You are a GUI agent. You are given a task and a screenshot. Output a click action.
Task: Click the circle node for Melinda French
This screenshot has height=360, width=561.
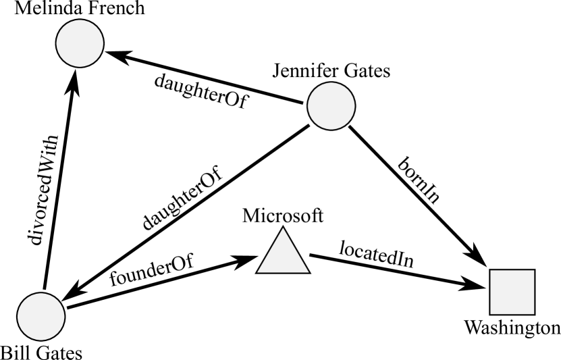point(79,44)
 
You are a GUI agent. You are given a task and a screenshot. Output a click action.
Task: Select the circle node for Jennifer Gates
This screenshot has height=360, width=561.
point(331,106)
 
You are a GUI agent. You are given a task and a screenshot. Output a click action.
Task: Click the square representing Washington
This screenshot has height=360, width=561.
point(512,292)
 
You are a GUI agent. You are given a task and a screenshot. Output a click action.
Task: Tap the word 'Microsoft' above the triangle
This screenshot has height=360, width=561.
point(284,216)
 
